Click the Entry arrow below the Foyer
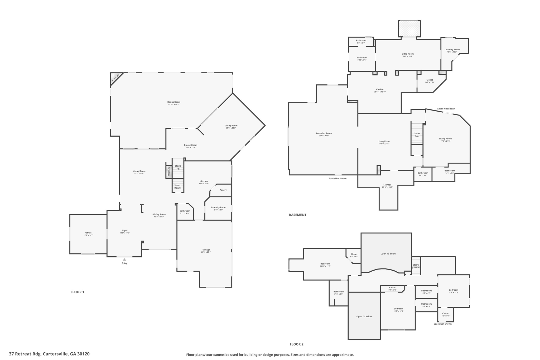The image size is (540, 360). [x=124, y=260]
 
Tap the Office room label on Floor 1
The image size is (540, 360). [x=88, y=233]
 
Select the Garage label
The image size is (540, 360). [x=206, y=249]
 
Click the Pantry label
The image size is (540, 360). [x=223, y=190]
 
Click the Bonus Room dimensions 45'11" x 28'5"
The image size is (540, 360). [x=174, y=104]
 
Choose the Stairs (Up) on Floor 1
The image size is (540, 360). [x=178, y=167]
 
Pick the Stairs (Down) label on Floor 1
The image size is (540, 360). [x=177, y=186]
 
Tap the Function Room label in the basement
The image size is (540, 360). [x=324, y=133]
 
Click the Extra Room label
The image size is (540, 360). [x=408, y=54]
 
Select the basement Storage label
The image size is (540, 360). [x=387, y=185]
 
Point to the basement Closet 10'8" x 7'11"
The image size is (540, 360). [x=430, y=81]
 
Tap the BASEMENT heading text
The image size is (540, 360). [x=298, y=215]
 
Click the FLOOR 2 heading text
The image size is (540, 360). [x=297, y=344]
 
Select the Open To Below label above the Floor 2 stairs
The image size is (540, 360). [x=388, y=254]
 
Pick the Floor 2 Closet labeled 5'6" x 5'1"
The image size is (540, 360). [x=445, y=314]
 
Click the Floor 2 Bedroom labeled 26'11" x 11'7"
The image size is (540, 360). [x=325, y=265]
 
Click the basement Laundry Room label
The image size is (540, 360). [x=452, y=50]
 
